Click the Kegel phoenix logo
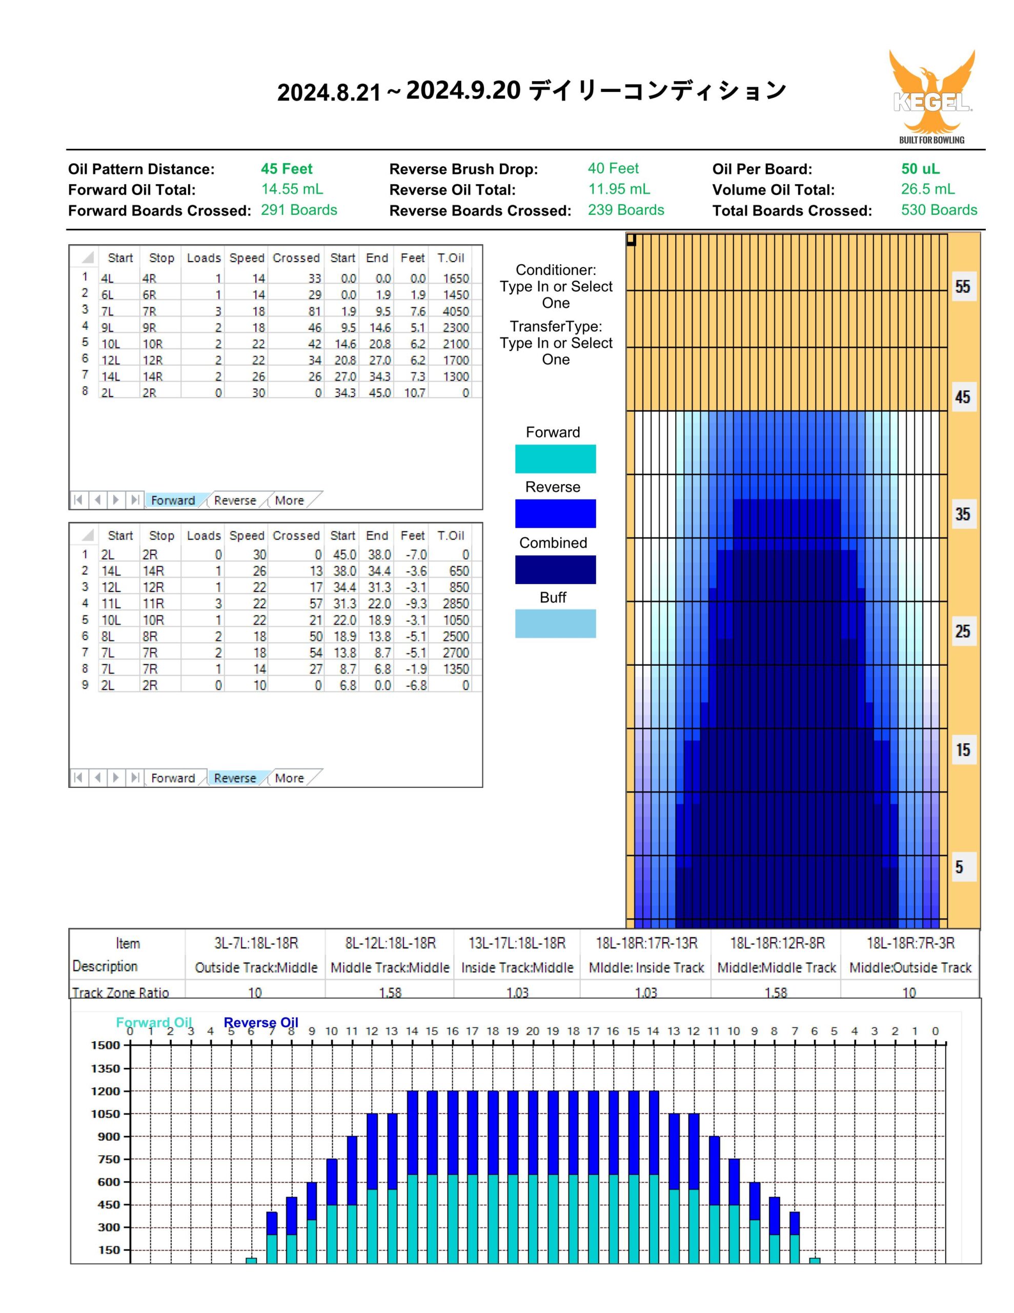931,96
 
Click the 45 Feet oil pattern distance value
287,169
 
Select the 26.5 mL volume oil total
927,189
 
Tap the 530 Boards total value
939,210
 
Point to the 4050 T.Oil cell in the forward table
456,311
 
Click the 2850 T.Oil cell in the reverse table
456,604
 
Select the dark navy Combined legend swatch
555,569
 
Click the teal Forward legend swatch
555,459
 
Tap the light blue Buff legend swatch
555,624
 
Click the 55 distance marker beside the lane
962,286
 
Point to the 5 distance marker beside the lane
959,867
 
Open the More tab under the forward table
289,500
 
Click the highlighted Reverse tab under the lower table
235,778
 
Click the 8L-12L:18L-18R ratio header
390,943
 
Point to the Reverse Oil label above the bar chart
261,1023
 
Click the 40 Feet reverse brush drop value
613,168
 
